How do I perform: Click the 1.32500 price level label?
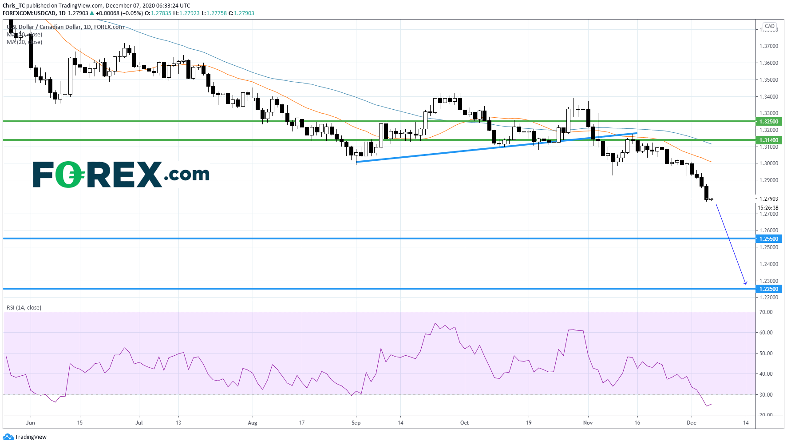coord(769,121)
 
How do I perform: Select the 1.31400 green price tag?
coord(769,140)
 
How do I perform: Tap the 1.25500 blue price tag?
coord(769,239)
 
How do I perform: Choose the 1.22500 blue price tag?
coord(769,289)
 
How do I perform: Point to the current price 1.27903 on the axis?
coord(769,199)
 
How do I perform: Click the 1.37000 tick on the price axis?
coord(769,46)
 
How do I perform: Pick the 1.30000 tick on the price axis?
coord(769,163)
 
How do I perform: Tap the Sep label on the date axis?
coord(356,423)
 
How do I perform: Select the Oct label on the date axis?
coord(464,423)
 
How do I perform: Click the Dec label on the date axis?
coord(691,423)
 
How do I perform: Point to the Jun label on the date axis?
coord(30,423)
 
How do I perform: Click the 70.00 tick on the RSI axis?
coord(766,312)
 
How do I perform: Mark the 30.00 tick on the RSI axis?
coord(766,395)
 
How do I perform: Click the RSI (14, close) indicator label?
coord(24,308)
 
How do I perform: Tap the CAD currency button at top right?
coord(770,26)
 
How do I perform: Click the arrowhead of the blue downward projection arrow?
coord(746,283)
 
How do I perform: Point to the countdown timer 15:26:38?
coord(768,207)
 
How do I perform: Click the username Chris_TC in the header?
coord(14,6)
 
